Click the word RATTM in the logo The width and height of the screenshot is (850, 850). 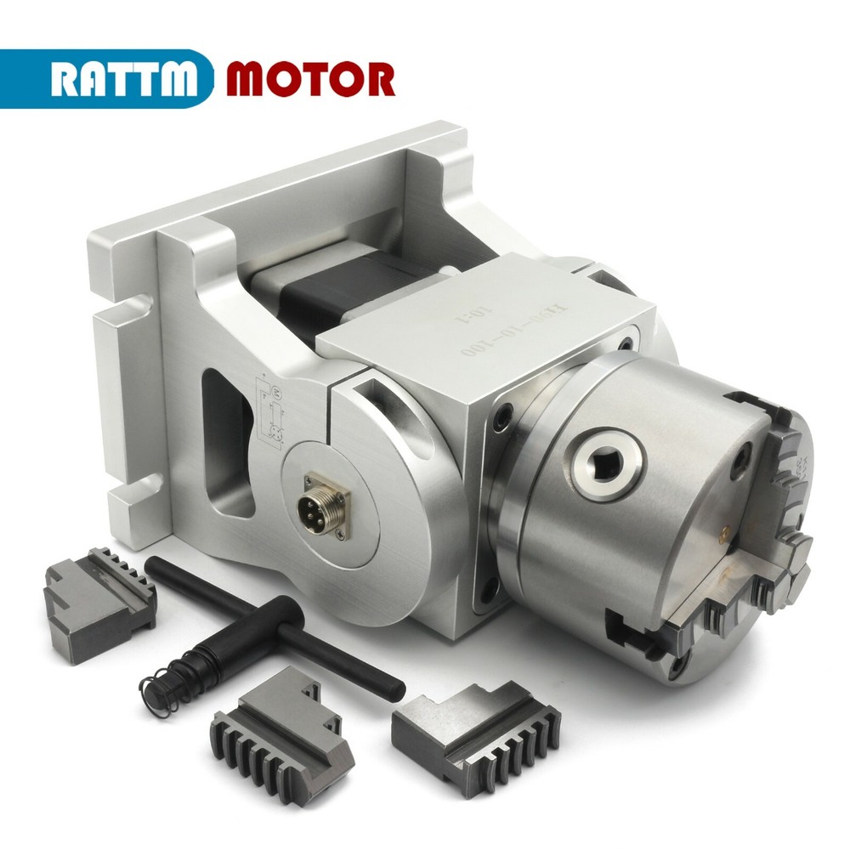(x=126, y=78)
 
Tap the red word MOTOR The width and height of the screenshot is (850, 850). (x=311, y=78)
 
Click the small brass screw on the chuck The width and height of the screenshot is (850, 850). (x=723, y=532)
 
